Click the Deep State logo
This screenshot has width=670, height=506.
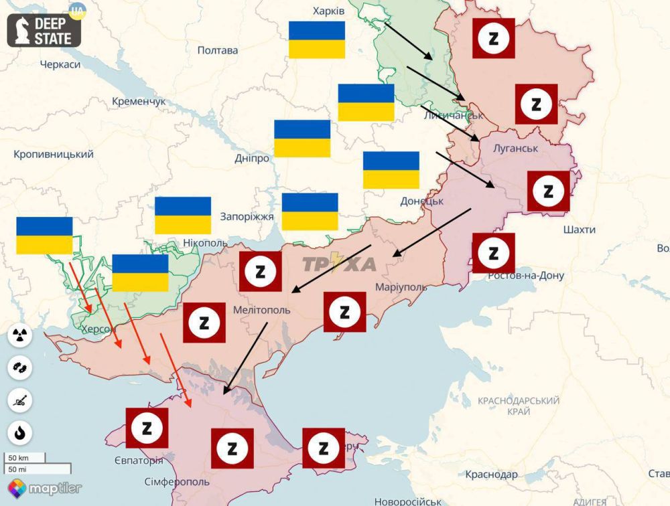[x=44, y=30]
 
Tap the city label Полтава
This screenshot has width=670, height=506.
[x=218, y=50]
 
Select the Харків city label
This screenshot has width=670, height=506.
[x=329, y=11]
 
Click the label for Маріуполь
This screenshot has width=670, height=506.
[x=401, y=286]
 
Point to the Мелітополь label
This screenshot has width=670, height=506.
[x=262, y=311]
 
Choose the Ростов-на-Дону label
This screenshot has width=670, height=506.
[x=526, y=276]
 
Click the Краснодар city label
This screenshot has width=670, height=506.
[x=492, y=475]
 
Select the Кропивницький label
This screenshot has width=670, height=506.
[x=54, y=154]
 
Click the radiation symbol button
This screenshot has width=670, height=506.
[x=20, y=335]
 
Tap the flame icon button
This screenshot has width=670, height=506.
[x=20, y=432]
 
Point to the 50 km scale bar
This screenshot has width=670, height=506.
[x=25, y=458]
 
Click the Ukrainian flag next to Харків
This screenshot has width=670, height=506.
[x=317, y=39]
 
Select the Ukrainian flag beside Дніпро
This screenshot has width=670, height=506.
[x=302, y=139]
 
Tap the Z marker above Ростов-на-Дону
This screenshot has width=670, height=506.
[x=494, y=253]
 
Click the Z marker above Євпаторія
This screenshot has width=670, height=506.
[x=147, y=428]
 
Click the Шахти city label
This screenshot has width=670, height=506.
[x=580, y=230]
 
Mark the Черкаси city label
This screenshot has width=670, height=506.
[x=60, y=64]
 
